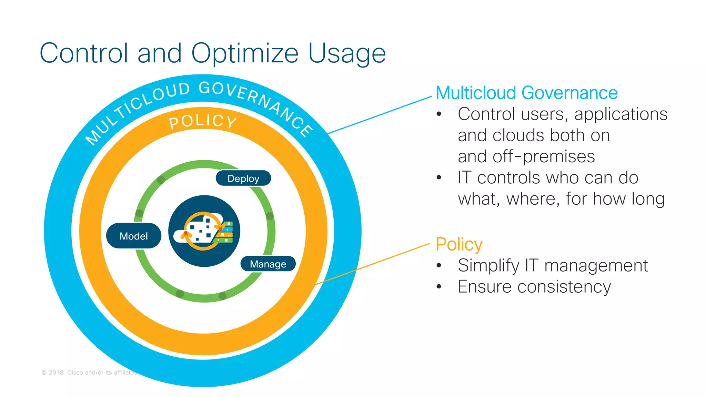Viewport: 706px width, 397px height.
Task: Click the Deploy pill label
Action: coord(243,178)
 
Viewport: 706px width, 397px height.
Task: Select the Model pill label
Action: coord(134,236)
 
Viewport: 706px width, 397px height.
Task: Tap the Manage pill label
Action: coord(268,264)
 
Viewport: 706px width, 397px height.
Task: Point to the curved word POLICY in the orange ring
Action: coord(203,122)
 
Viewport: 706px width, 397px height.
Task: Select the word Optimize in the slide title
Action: coord(245,54)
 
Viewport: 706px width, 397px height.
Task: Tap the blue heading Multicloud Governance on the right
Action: coord(526,93)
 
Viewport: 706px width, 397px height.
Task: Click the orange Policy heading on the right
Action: coord(459,244)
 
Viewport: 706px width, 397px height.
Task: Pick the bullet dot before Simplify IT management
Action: coord(439,265)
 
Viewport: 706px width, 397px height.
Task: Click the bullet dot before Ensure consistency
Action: coord(439,286)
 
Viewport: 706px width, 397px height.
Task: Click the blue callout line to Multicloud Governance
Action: coord(379,115)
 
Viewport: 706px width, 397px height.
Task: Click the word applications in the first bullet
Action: coord(621,114)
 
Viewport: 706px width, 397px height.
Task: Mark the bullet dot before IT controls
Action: coord(439,178)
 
